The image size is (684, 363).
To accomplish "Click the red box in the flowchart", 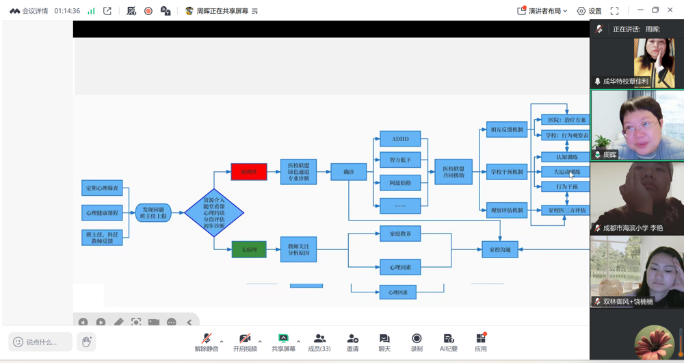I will tap(249, 172).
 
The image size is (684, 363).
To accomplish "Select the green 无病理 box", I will tap(249, 249).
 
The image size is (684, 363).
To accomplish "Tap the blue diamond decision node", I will tap(214, 213).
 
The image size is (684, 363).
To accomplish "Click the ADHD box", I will tap(400, 139).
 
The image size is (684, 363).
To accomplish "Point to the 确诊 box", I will tap(348, 172).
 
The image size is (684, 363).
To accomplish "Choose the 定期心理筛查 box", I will tap(102, 188).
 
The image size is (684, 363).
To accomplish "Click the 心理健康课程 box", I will tap(102, 213).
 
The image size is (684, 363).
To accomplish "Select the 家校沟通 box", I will tap(499, 250).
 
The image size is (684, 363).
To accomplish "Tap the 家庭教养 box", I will tap(400, 234).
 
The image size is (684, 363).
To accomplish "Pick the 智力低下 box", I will tap(400, 161).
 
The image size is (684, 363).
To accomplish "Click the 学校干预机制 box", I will tap(507, 173).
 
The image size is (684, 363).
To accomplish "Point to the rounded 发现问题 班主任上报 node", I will tap(153, 213).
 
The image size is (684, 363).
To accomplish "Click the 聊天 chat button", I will tap(384, 342).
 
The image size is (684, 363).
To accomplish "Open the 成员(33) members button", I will tap(319, 342).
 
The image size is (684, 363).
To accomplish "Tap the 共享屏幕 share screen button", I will tap(283, 342).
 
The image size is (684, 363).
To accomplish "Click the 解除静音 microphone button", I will tap(206, 342).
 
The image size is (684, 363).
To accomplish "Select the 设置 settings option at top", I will tap(589, 11).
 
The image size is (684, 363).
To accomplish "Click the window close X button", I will tap(671, 10).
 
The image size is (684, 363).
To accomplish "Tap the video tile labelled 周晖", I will tap(637, 125).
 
